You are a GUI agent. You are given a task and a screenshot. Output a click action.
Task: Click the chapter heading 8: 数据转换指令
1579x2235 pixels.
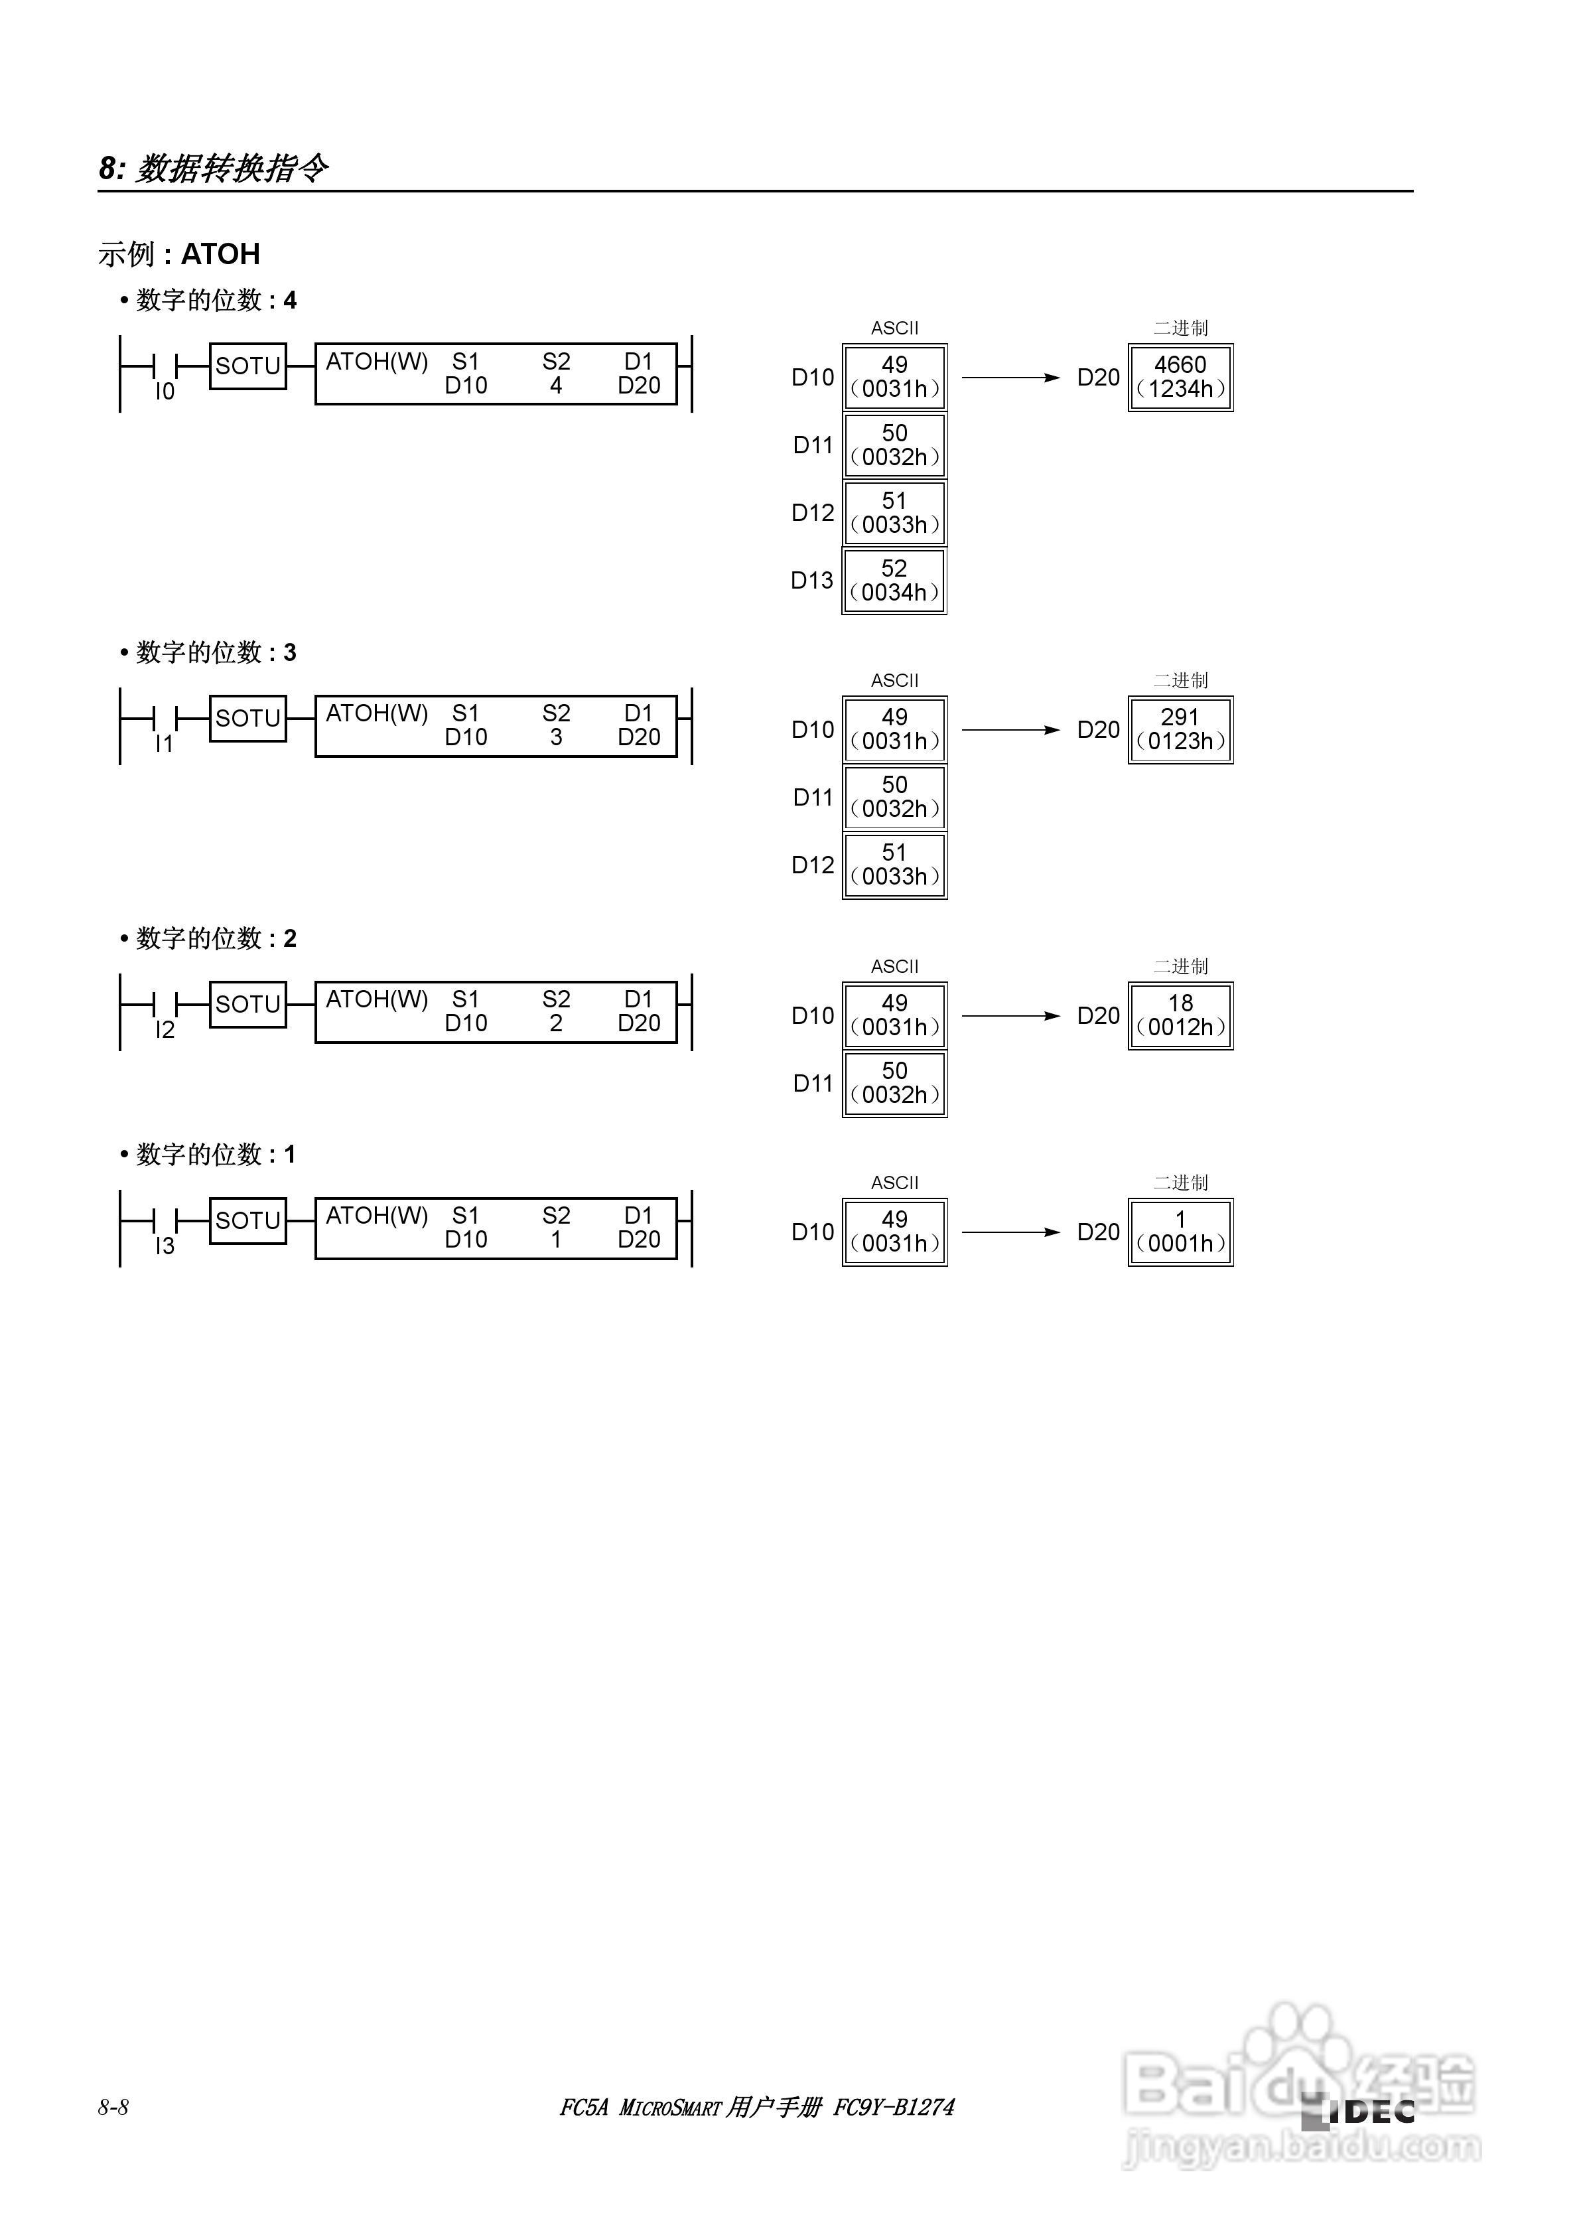pyautogui.click(x=213, y=169)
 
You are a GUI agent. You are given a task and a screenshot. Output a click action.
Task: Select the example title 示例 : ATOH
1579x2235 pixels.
pyautogui.click(x=179, y=254)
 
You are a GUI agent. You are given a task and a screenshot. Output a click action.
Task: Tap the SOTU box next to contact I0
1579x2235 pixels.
pyautogui.click(x=248, y=366)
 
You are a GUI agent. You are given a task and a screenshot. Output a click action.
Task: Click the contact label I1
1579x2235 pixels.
pyautogui.click(x=165, y=744)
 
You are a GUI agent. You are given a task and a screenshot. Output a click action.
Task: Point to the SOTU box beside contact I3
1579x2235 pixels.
pyautogui.click(x=248, y=1220)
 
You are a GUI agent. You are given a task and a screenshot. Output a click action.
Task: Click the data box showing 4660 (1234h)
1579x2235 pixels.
pyautogui.click(x=1181, y=378)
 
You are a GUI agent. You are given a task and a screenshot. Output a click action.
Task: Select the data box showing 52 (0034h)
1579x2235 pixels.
pyautogui.click(x=894, y=581)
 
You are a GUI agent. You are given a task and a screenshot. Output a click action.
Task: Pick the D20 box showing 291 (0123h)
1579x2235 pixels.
pyautogui.click(x=1181, y=730)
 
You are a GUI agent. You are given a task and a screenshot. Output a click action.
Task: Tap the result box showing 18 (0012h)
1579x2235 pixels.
pyautogui.click(x=1181, y=1016)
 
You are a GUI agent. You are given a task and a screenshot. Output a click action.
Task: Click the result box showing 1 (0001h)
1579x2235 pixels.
pyautogui.click(x=1181, y=1232)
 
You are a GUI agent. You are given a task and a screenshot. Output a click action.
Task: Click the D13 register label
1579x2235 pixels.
pyautogui.click(x=812, y=581)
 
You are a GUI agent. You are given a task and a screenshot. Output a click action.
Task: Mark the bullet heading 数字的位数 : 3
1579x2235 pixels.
pyautogui.click(x=208, y=652)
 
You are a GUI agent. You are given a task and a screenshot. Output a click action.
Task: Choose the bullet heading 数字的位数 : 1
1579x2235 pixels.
pyautogui.click(x=208, y=1155)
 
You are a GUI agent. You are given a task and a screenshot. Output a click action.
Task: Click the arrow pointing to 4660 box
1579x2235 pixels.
pyautogui.click(x=1010, y=378)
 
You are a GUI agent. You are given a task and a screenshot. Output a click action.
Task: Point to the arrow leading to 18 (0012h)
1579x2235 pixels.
pyautogui.click(x=1010, y=1016)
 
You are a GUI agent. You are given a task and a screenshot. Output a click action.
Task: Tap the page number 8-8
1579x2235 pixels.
pyautogui.click(x=113, y=2108)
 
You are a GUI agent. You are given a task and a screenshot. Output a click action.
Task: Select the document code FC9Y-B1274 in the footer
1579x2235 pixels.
pyautogui.click(x=894, y=2108)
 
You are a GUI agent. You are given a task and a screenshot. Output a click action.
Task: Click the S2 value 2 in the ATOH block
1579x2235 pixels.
pyautogui.click(x=556, y=1023)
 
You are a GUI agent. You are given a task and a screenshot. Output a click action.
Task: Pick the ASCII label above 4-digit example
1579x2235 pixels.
pyautogui.click(x=894, y=328)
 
